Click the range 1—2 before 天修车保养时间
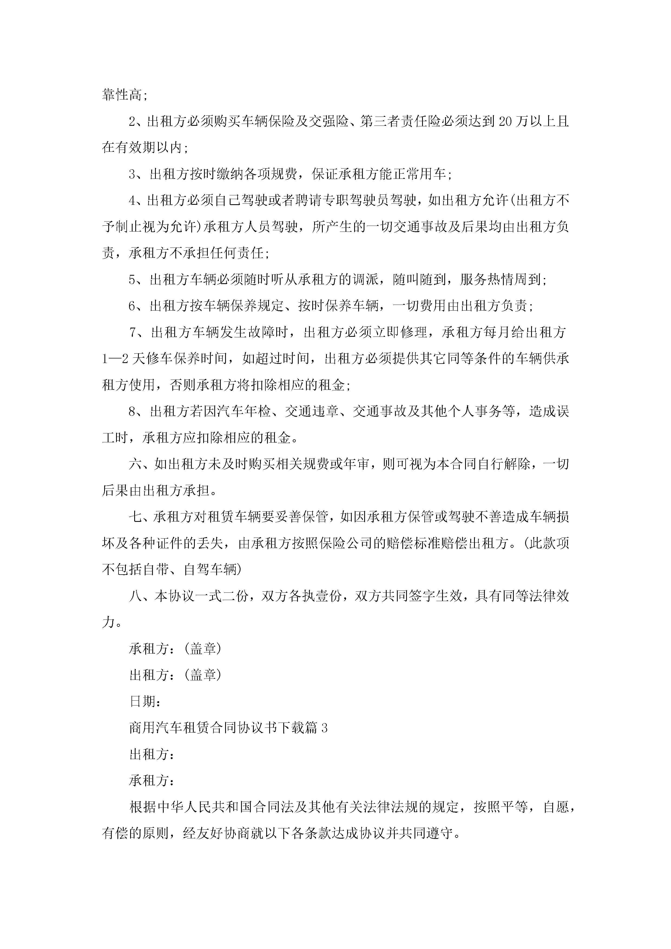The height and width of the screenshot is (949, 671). [x=115, y=359]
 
